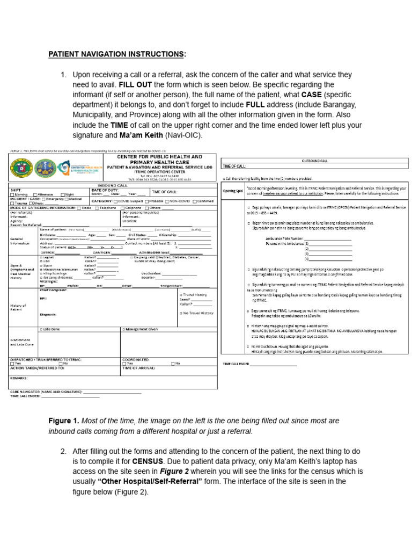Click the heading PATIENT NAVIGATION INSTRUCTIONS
click(117, 54)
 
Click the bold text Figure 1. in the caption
click(64, 421)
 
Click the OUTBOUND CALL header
click(316, 160)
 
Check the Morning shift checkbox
click(12, 194)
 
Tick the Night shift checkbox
click(63, 194)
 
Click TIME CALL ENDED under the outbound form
click(235, 364)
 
